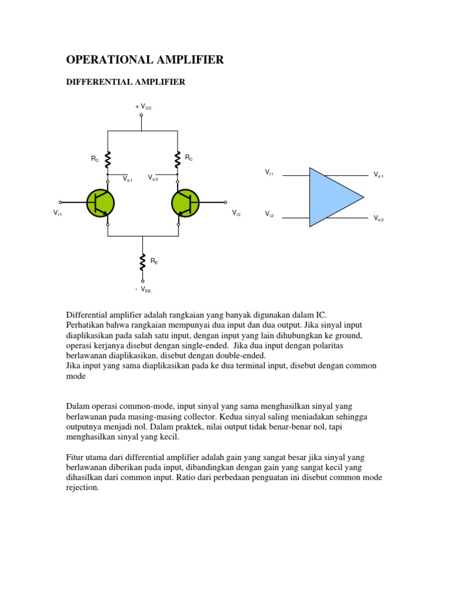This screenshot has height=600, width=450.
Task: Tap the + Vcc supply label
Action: (x=144, y=107)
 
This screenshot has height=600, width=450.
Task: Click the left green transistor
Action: (x=100, y=203)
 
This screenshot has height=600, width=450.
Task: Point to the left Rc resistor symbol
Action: (x=108, y=158)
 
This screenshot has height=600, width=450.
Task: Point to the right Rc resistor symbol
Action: (x=177, y=158)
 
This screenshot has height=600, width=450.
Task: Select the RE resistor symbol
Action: (x=142, y=261)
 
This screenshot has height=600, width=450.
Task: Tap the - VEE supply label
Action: (x=143, y=289)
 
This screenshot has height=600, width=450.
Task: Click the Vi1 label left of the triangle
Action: (x=269, y=172)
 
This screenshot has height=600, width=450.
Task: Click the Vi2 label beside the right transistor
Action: (x=236, y=213)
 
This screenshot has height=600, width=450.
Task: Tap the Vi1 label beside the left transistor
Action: (x=58, y=214)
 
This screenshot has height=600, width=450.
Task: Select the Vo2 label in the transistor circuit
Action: (x=154, y=178)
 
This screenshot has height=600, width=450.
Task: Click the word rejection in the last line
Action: (x=83, y=487)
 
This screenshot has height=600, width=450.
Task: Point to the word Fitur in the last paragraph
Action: (x=75, y=456)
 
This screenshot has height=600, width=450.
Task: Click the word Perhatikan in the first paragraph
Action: (x=87, y=325)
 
